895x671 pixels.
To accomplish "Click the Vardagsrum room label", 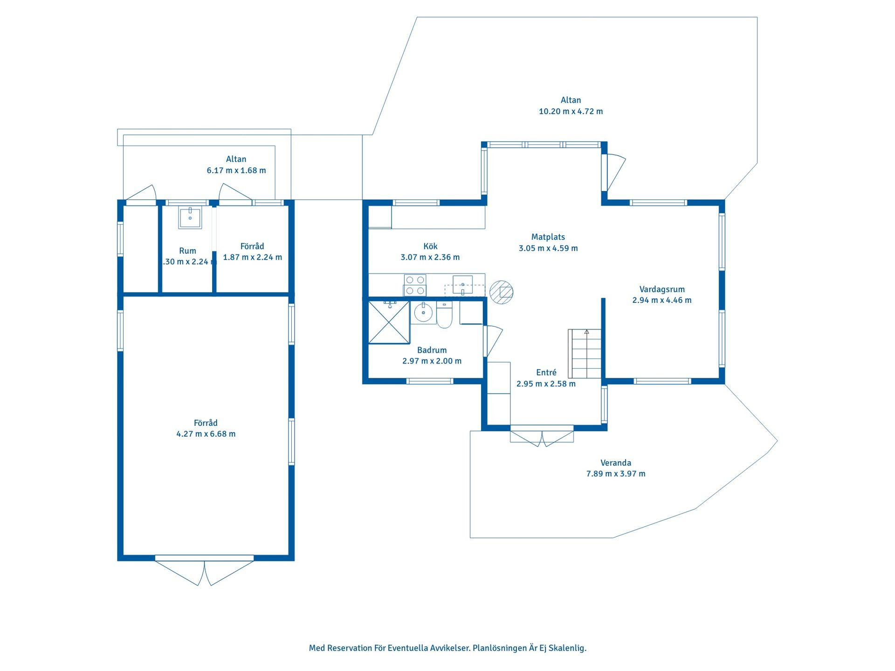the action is tap(662, 289).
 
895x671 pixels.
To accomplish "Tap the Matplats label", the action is tap(548, 237).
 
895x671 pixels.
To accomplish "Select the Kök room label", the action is tap(430, 246).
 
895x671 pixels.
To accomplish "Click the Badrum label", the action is tap(432, 350).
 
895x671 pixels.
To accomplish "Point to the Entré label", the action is tap(546, 372).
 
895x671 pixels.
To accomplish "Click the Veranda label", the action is tap(616, 463).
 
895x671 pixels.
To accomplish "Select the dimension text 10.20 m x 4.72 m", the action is tap(571, 111).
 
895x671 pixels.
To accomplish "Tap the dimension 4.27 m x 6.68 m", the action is tap(206, 434).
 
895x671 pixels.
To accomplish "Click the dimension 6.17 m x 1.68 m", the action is tap(236, 171).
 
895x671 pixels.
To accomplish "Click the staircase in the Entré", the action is tap(585, 354).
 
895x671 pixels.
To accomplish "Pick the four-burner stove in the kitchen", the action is tap(415, 285).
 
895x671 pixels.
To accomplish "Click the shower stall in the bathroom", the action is tap(389, 322).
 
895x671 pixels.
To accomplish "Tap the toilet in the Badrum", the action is tap(444, 315).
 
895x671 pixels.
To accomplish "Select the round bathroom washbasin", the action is tap(423, 312).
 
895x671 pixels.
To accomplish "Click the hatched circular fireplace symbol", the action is tap(502, 292).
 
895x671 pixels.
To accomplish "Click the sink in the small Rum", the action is tap(190, 218).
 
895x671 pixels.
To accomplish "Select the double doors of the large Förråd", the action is tap(205, 571).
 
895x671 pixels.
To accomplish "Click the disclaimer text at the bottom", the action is tap(447, 648).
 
